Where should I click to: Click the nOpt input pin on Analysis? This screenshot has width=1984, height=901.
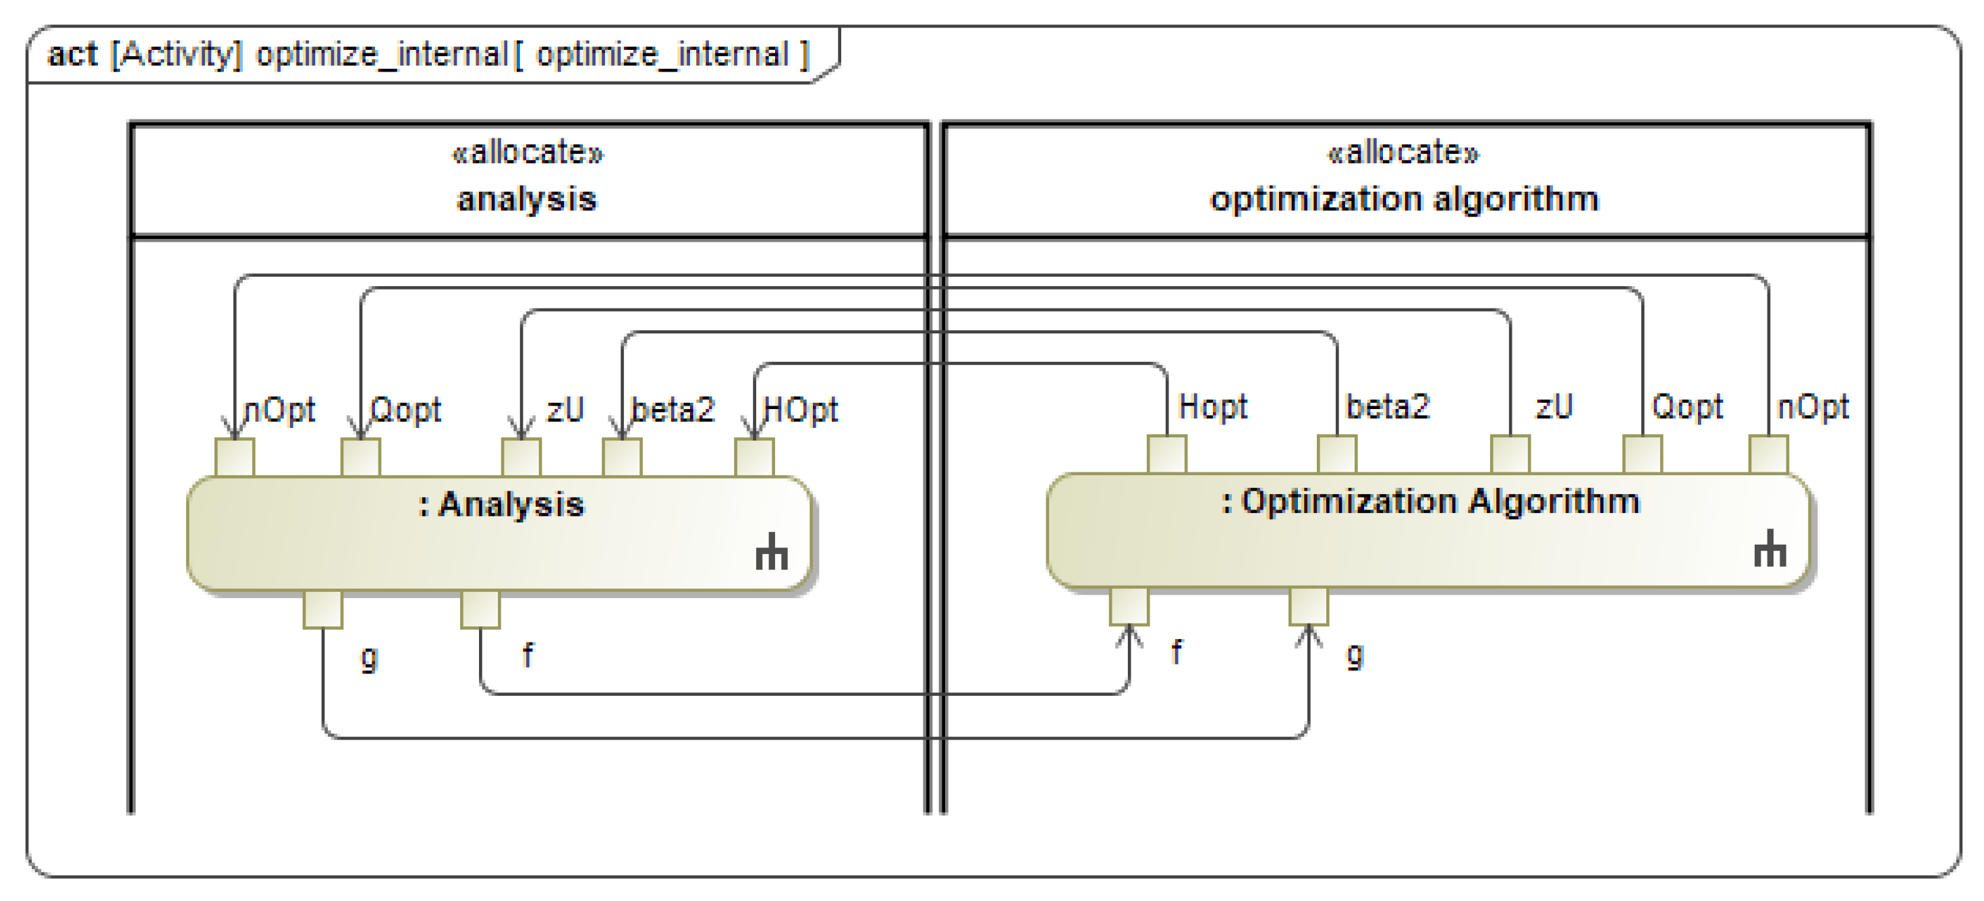pyautogui.click(x=234, y=458)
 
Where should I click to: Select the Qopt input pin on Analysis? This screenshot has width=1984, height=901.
pyautogui.click(x=360, y=458)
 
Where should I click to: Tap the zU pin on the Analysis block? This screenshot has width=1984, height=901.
pyautogui.click(x=521, y=458)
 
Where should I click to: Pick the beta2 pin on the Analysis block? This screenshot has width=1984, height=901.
pyautogui.click(x=622, y=458)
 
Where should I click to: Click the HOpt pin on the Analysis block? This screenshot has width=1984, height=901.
pyautogui.click(x=754, y=458)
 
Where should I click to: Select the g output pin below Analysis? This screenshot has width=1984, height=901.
pyautogui.click(x=322, y=609)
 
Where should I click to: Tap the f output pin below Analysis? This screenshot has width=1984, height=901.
pyautogui.click(x=480, y=609)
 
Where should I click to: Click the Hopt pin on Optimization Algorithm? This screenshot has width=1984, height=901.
pyautogui.click(x=1167, y=454)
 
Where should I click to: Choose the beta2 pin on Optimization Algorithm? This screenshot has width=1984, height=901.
pyautogui.click(x=1337, y=454)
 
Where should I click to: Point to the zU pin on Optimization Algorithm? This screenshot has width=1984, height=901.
pyautogui.click(x=1510, y=454)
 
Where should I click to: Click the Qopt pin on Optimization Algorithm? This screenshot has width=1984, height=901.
pyautogui.click(x=1643, y=454)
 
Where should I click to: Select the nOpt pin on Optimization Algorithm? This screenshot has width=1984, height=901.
pyautogui.click(x=1769, y=454)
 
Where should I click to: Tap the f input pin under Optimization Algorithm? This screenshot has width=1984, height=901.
pyautogui.click(x=1129, y=607)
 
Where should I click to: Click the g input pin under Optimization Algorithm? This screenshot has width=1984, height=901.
pyautogui.click(x=1309, y=607)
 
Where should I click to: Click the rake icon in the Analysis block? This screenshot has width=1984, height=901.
pyautogui.click(x=771, y=552)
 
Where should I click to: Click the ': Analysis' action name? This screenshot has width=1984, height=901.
pyautogui.click(x=501, y=505)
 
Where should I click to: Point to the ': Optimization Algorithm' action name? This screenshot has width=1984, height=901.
pyautogui.click(x=1430, y=501)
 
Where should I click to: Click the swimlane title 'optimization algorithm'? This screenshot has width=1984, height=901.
pyautogui.click(x=1404, y=199)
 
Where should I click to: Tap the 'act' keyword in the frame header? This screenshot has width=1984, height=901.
pyautogui.click(x=72, y=55)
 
